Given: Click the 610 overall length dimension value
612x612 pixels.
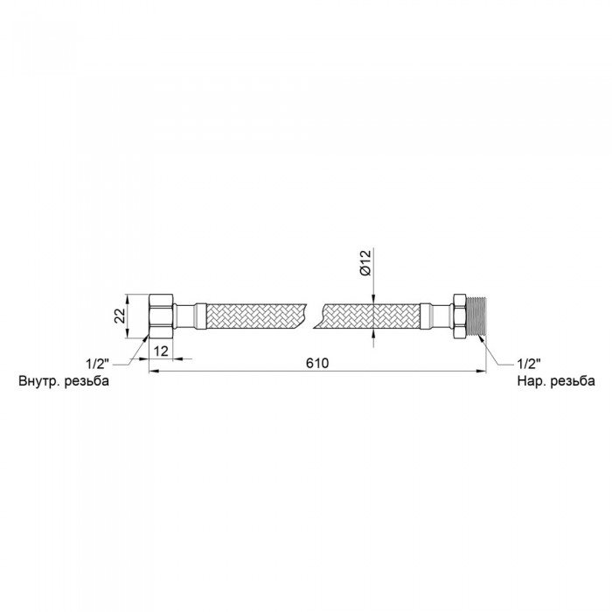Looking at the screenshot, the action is click(316, 364).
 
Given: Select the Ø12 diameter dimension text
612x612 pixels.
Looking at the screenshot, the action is click(365, 263).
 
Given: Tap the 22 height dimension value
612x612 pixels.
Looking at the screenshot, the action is click(121, 316).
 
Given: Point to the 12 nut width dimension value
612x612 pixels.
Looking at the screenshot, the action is click(161, 351).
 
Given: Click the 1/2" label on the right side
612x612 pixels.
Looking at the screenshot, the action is click(529, 364).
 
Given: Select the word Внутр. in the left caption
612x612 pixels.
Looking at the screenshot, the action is click(39, 381).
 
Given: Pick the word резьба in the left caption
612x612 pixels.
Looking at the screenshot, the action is click(87, 381).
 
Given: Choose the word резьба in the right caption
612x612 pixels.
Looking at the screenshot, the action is click(573, 381).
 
